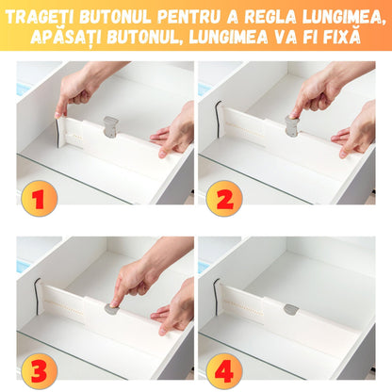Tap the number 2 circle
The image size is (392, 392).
tap(224, 198)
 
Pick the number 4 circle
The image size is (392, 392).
tap(224, 370)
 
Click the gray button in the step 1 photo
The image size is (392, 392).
tap(111, 126)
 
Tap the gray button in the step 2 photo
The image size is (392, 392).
tap(292, 126)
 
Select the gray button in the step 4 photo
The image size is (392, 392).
tap(291, 309)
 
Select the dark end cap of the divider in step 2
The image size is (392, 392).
tap(218, 116)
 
